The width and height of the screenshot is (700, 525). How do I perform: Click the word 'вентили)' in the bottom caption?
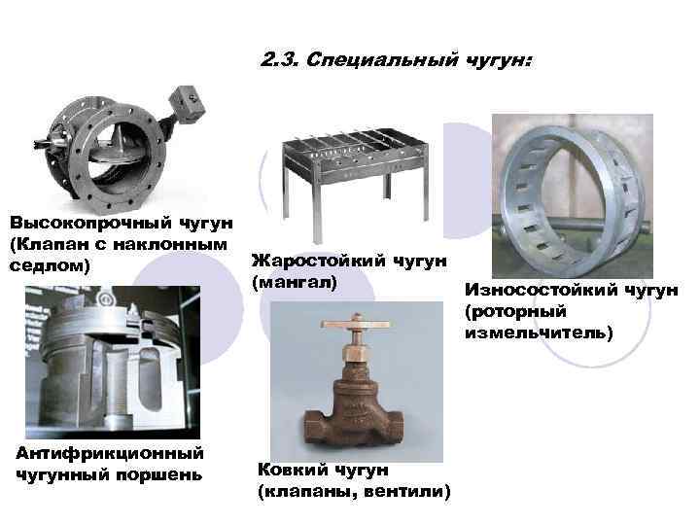[409, 492]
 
